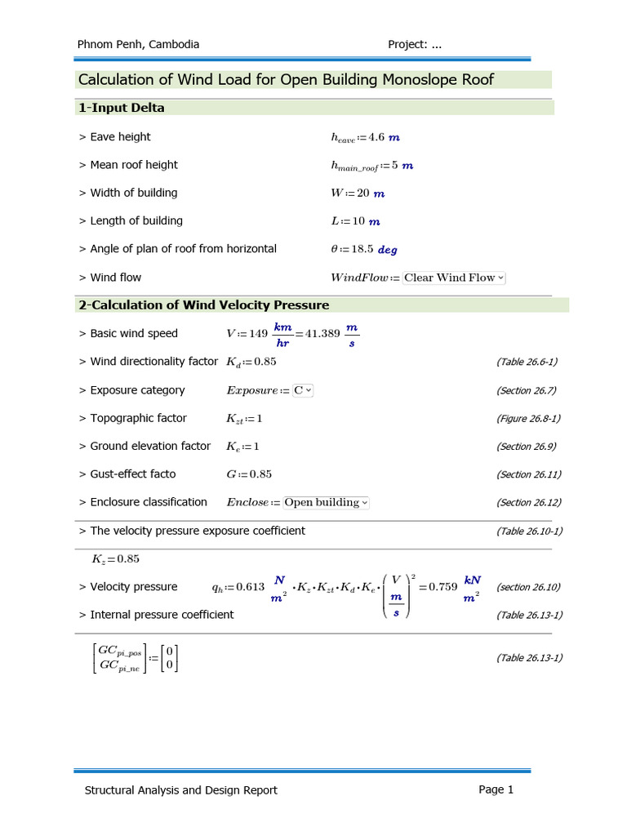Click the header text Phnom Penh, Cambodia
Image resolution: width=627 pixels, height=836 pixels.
click(x=137, y=44)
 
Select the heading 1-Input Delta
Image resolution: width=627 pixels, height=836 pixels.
click(x=121, y=108)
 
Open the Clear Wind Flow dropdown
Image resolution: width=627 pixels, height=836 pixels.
click(x=454, y=278)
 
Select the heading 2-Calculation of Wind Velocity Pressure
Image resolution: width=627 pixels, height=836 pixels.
click(x=203, y=305)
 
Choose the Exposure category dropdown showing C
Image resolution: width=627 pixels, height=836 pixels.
click(x=303, y=390)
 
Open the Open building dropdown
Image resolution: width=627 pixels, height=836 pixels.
click(x=326, y=502)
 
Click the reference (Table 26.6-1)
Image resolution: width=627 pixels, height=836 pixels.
click(x=527, y=362)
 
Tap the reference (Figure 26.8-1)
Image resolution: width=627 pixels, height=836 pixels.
click(x=528, y=418)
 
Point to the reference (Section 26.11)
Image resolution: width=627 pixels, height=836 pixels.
click(x=528, y=474)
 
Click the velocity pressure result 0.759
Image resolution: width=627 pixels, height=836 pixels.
click(x=442, y=586)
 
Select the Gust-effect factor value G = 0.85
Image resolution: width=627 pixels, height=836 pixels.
click(x=249, y=474)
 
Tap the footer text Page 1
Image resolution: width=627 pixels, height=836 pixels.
click(x=496, y=789)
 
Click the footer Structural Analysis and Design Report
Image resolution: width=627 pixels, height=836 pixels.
click(x=181, y=789)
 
